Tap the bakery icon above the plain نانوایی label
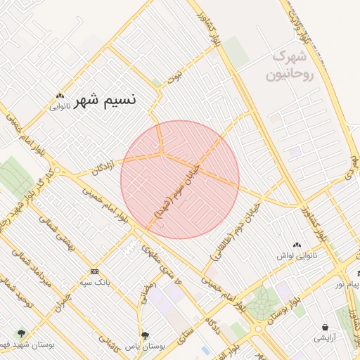pyautogui.click(x=60, y=96)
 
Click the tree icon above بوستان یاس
pyautogui.click(x=146, y=335)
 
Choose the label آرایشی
pyautogui.click(x=326, y=338)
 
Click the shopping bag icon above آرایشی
pyautogui.click(x=326, y=327)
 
